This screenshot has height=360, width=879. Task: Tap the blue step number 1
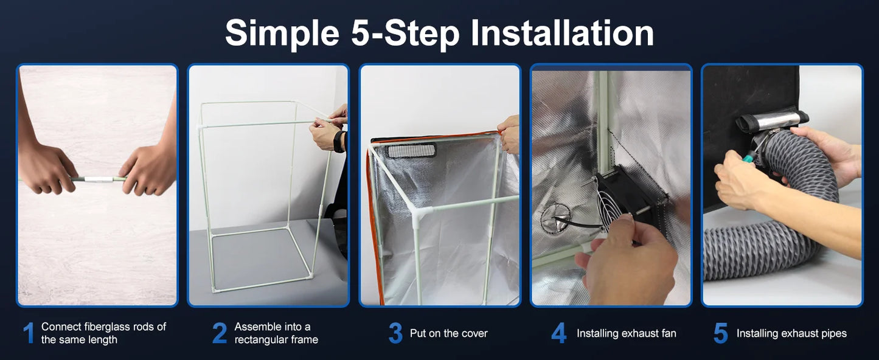(x=28, y=333)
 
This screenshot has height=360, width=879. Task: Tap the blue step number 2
(x=220, y=333)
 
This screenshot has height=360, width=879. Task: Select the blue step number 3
(x=395, y=333)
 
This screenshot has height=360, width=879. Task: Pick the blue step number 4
(x=558, y=333)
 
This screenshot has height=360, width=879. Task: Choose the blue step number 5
(x=720, y=333)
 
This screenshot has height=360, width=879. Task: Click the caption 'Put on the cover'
(x=448, y=333)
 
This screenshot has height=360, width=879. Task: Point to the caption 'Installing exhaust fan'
(x=626, y=333)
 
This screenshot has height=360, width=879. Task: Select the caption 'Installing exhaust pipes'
(x=791, y=333)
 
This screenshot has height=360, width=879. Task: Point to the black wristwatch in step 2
(x=338, y=141)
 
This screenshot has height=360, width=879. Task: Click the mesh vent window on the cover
(x=411, y=150)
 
